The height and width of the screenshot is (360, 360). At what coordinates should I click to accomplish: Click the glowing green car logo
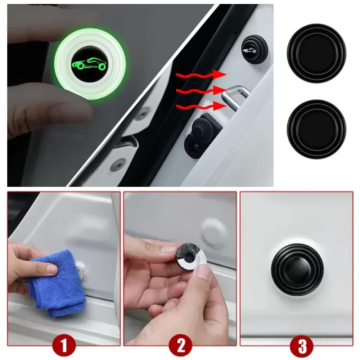[x=90, y=64]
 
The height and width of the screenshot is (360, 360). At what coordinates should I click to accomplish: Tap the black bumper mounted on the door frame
[x=254, y=49]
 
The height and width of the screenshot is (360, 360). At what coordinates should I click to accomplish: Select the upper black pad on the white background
[x=316, y=53]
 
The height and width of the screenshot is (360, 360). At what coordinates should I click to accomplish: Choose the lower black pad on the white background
[x=316, y=129]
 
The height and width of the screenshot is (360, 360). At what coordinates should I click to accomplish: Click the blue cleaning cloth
[x=57, y=282]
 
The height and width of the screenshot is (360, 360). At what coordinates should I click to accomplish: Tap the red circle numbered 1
[x=64, y=346]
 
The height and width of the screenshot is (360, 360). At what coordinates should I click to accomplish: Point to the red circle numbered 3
[x=302, y=346]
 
